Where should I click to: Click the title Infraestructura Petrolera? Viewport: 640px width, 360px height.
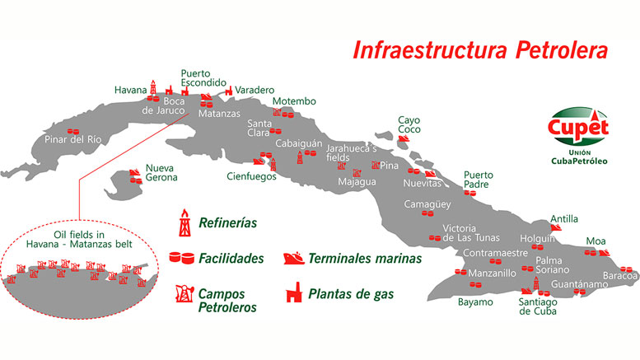coord(480,49)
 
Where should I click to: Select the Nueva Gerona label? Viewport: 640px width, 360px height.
coord(161,172)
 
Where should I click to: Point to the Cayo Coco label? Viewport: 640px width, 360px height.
coord(409,124)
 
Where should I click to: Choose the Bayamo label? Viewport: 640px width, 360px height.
coord(475,302)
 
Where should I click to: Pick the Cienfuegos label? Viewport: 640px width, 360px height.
coord(251,175)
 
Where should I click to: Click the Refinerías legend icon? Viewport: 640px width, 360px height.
coord(186,222)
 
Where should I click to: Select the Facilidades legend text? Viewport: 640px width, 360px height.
coord(231,259)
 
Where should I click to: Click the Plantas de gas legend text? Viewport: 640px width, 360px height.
coord(351,292)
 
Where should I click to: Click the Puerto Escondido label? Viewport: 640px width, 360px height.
coord(203,77)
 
